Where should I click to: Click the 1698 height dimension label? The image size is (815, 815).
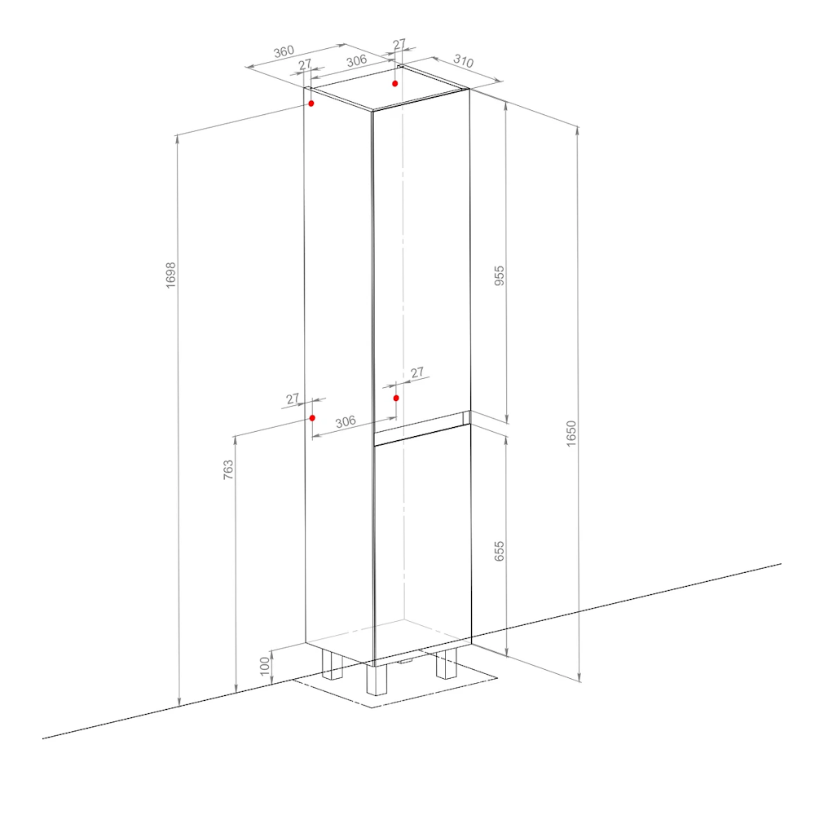[x=170, y=275]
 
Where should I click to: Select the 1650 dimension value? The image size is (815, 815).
[x=571, y=434]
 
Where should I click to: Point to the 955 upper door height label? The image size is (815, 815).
[x=499, y=275]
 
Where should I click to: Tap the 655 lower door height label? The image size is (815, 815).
[x=499, y=551]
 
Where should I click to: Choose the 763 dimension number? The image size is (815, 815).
[x=227, y=469]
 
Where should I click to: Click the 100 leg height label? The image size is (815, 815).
[x=265, y=667]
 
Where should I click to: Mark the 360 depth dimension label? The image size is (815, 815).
[x=284, y=51]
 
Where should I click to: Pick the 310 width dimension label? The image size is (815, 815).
[x=463, y=61]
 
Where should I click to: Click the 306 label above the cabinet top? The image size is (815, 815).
[x=357, y=61]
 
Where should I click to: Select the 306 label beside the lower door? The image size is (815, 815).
[x=346, y=421]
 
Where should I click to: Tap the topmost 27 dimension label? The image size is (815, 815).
[x=399, y=44]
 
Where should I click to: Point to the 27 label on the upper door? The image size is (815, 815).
[x=416, y=372]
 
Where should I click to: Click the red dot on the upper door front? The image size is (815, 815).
[x=396, y=399]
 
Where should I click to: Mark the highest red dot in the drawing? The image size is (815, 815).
[x=395, y=84]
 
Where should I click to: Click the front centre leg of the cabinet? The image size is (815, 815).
[x=377, y=680]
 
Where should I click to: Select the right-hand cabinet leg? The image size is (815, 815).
[x=447, y=663]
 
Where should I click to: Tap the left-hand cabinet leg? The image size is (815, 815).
[x=333, y=665]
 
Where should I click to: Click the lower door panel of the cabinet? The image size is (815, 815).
[x=422, y=543]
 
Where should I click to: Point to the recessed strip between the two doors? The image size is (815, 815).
[x=422, y=422]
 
